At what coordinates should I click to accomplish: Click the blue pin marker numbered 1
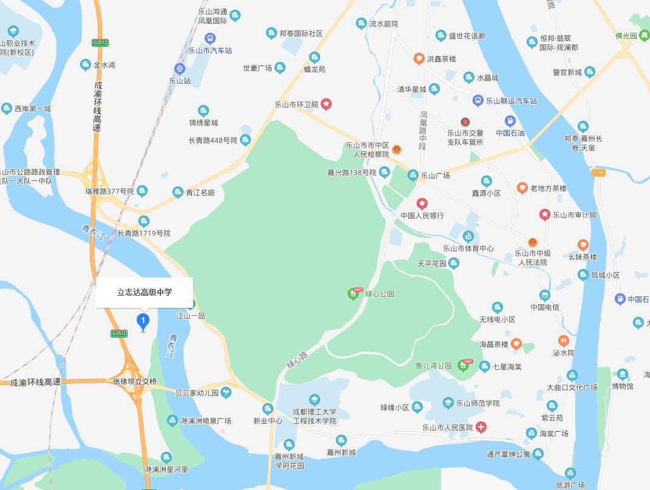[143, 321]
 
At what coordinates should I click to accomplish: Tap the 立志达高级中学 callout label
[145, 292]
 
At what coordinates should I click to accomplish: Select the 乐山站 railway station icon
[180, 69]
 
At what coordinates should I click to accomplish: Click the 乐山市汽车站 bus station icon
[210, 39]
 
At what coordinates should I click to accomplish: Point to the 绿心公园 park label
[380, 294]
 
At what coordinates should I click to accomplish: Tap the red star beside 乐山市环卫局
[326, 104]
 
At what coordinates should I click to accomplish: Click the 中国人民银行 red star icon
[422, 203]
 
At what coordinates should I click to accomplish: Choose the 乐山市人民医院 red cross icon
[481, 427]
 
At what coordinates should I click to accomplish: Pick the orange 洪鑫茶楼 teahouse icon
[419, 59]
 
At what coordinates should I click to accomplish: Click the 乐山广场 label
[436, 175]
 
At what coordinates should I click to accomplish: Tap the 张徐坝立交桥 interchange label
[135, 382]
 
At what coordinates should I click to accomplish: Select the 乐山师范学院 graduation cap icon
[448, 403]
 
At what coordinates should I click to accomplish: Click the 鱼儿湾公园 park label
[434, 366]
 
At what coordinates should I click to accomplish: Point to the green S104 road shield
[599, 173]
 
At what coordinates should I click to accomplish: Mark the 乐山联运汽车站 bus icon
[478, 101]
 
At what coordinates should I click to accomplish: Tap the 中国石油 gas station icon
[510, 121]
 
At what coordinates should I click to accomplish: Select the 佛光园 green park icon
[642, 36]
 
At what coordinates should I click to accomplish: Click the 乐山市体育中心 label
[468, 248]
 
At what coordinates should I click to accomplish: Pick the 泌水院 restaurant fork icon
[563, 341]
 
